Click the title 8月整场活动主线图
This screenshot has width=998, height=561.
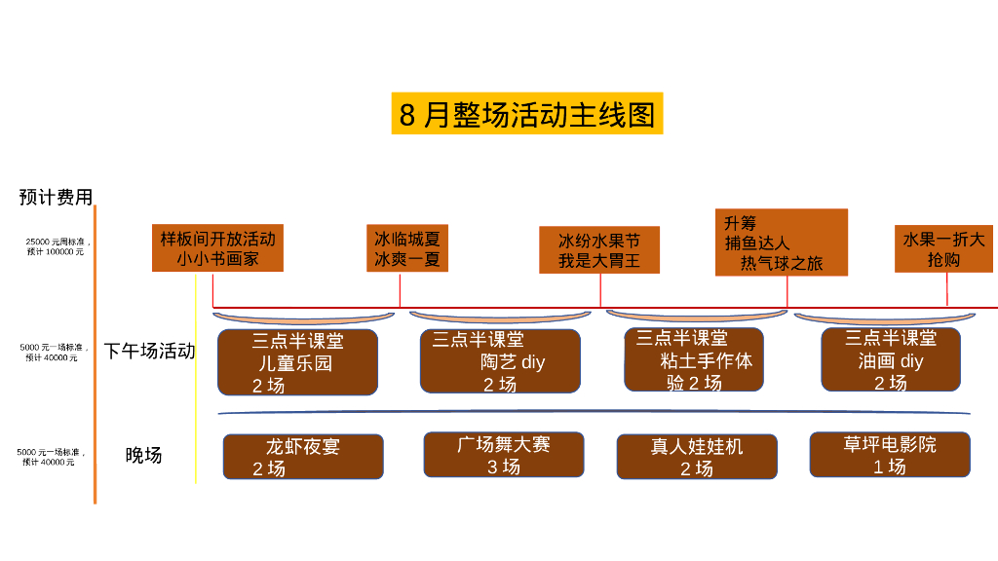526,114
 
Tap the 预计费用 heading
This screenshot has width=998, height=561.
56,197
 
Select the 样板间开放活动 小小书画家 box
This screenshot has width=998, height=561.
217,248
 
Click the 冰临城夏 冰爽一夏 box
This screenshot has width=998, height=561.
407,248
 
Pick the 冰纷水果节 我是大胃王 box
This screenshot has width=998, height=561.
599,250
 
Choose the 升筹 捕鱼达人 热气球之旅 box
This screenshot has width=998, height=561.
781,243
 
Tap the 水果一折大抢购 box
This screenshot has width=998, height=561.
943,248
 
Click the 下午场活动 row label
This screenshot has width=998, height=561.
149,351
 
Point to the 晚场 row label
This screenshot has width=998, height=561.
143,455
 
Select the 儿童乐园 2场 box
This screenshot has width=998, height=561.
297,362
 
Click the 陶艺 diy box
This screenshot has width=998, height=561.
500,361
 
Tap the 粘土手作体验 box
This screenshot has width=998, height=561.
694,360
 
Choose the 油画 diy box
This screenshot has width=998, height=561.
890,359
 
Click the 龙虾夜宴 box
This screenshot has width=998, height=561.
303,457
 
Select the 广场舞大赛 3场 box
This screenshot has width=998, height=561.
503,455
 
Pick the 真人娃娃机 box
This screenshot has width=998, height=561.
697,457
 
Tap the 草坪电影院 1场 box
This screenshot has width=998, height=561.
889,455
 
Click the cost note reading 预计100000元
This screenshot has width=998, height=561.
56,251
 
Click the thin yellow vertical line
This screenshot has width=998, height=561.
196,380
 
